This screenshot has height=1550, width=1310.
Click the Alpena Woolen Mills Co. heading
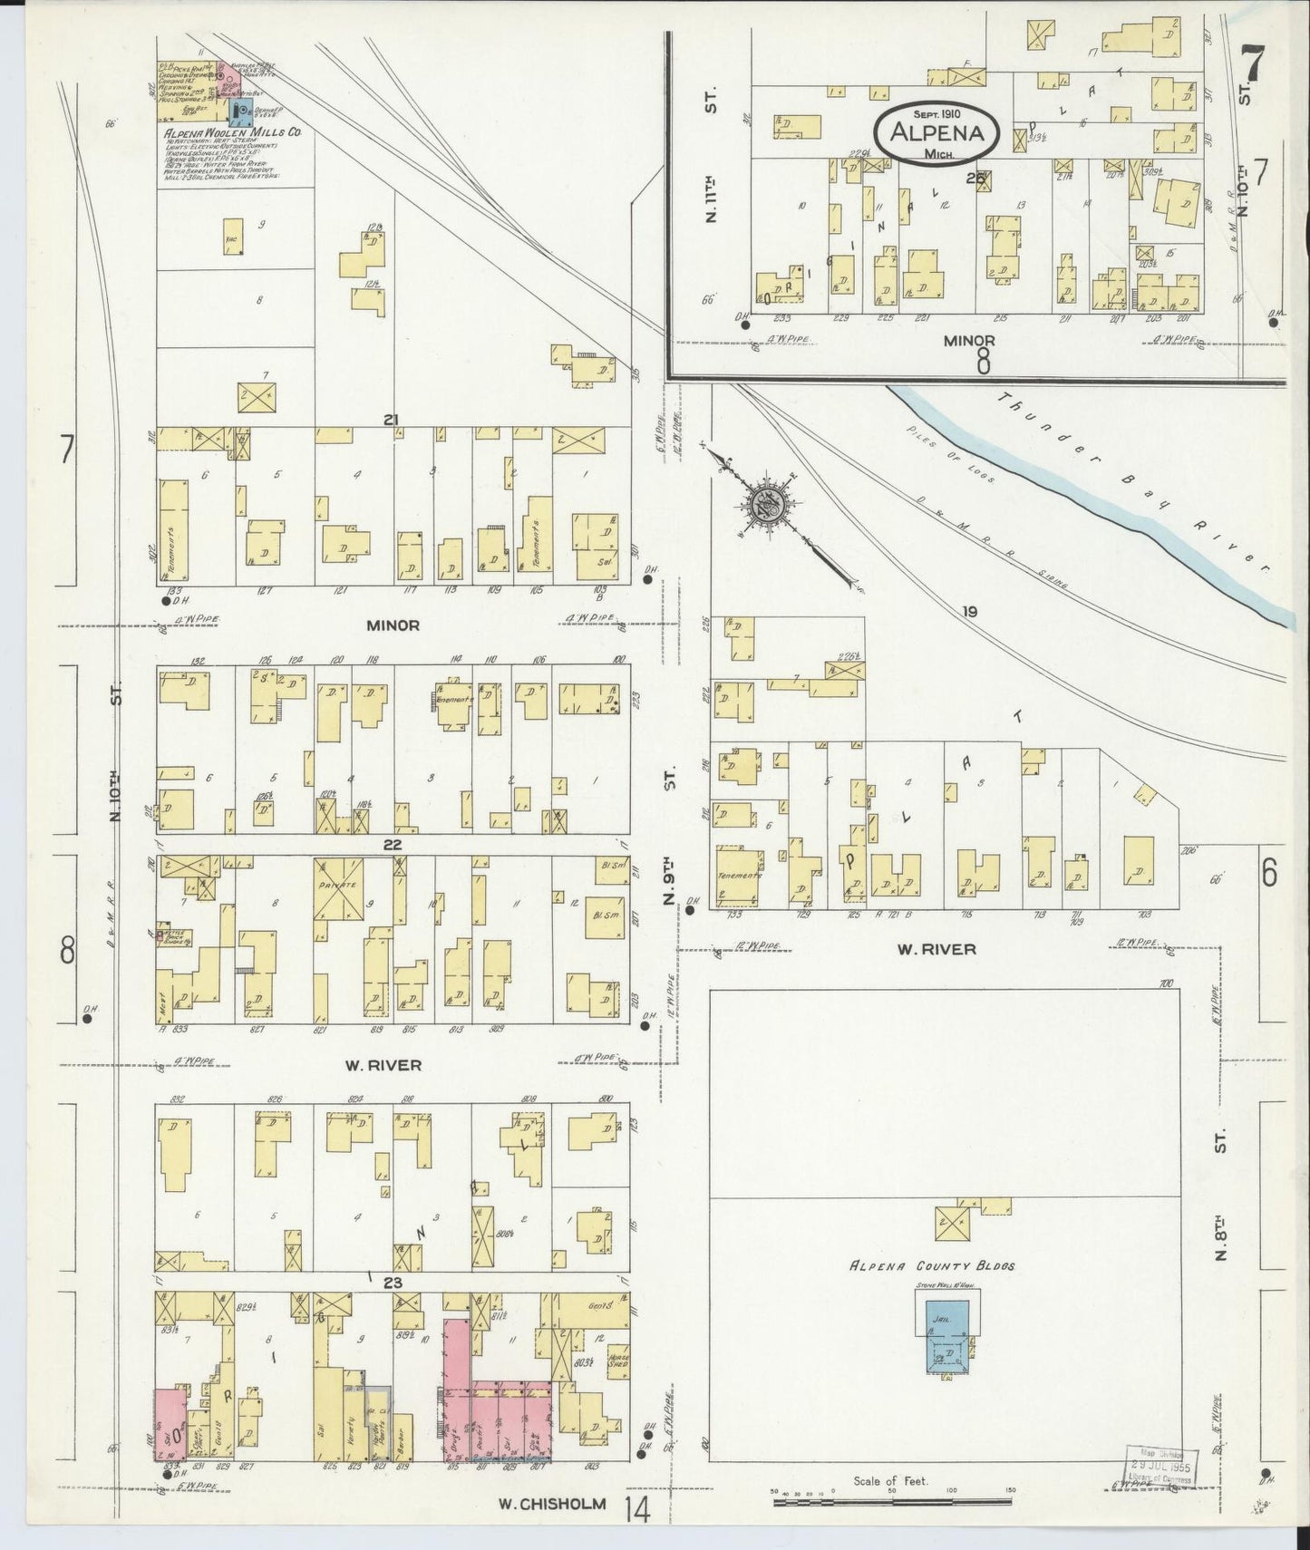point(232,131)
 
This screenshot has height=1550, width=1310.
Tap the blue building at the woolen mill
point(242,112)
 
